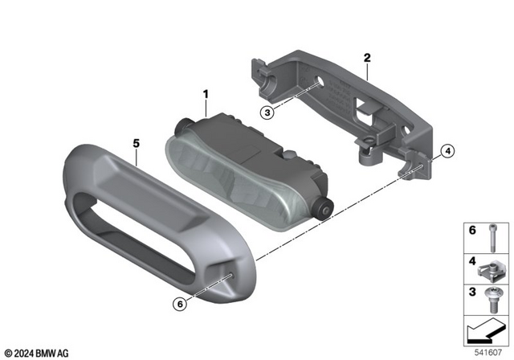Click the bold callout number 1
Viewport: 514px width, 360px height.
coord(205,95)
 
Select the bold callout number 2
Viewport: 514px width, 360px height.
coord(366,58)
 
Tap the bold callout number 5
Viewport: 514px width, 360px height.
coord(136,144)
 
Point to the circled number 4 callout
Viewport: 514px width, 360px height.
coord(447,149)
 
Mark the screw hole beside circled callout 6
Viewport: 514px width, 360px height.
coord(230,278)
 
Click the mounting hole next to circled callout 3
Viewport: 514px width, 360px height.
coord(320,84)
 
